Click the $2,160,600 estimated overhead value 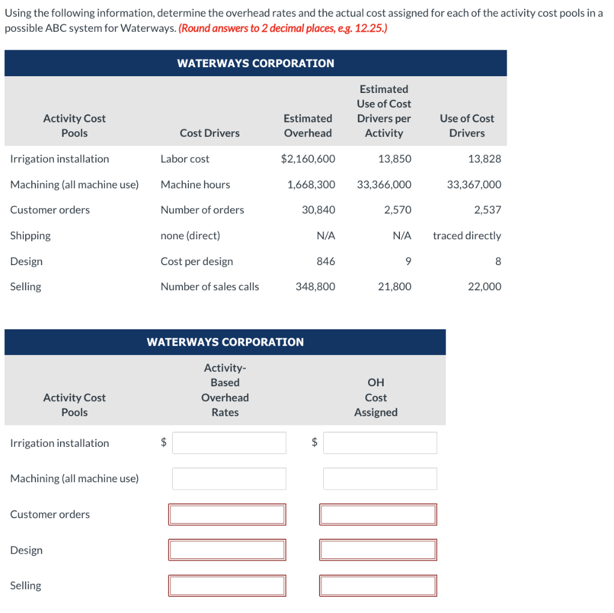(308, 159)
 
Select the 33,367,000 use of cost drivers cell (474, 185)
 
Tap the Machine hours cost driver (195, 185)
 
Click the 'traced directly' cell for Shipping (466, 236)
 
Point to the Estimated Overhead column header (308, 126)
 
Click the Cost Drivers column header (209, 133)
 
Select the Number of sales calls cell (209, 287)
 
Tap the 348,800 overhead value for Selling (315, 287)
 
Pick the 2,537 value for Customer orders (487, 210)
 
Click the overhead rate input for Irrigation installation (228, 443)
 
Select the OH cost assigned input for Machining (380, 479)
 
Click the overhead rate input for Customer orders (227, 515)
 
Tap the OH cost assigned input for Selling (378, 585)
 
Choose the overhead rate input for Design (227, 550)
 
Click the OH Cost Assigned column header (375, 398)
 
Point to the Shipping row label (31, 236)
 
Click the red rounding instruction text (282, 28)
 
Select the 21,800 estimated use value (394, 287)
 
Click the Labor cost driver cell (185, 159)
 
